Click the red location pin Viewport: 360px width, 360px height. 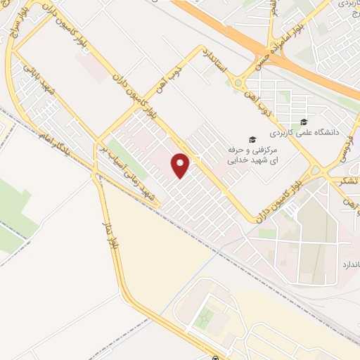(x=181, y=165)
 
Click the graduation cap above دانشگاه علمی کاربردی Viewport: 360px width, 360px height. (x=303, y=120)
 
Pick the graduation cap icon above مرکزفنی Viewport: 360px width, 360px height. (x=252, y=139)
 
